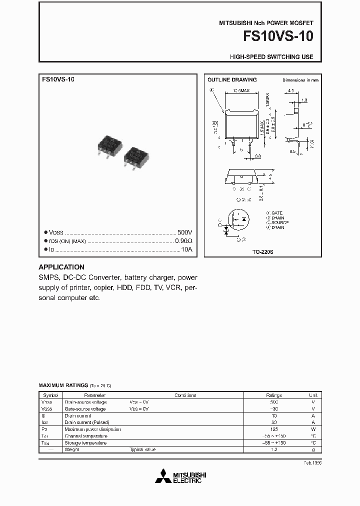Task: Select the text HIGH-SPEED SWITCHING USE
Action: pyautogui.click(x=271, y=57)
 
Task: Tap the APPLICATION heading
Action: pyautogui.click(x=61, y=267)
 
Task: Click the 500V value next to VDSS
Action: pyautogui.click(x=184, y=233)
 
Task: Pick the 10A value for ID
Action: pyautogui.click(x=186, y=249)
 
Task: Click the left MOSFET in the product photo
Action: pyautogui.click(x=109, y=145)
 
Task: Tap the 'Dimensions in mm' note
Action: pyautogui.click(x=300, y=80)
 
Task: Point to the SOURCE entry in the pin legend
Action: pyautogui.click(x=280, y=222)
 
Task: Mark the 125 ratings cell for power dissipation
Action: pyautogui.click(x=273, y=429)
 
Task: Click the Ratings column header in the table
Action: pyautogui.click(x=273, y=395)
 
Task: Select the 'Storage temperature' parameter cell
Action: pyautogui.click(x=85, y=443)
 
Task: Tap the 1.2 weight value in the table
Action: pyautogui.click(x=273, y=449)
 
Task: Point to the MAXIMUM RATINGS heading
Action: pyautogui.click(x=63, y=386)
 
